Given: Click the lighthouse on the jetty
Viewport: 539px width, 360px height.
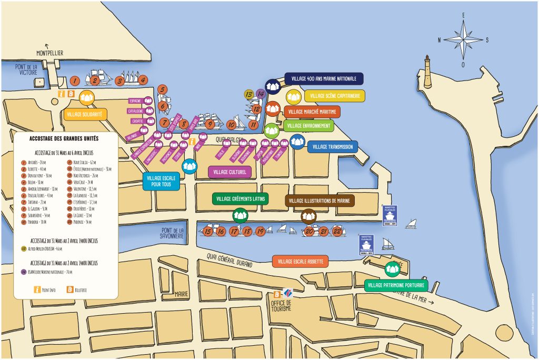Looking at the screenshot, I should pyautogui.click(x=427, y=72).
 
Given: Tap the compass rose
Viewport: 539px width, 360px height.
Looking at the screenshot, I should pyautogui.click(x=463, y=40).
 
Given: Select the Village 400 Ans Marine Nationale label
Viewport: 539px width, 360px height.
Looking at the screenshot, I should pyautogui.click(x=324, y=79).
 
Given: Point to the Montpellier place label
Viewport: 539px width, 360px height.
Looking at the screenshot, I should pyautogui.click(x=49, y=53).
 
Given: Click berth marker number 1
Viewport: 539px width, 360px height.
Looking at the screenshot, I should pyautogui.click(x=75, y=81).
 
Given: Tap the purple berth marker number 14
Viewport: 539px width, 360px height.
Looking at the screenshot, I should pyautogui.click(x=261, y=94).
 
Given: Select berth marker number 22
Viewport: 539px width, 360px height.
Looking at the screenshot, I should pyautogui.click(x=337, y=231).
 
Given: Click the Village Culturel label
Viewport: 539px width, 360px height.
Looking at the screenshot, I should pyautogui.click(x=229, y=172).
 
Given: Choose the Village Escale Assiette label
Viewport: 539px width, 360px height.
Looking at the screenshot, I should pyautogui.click(x=301, y=262).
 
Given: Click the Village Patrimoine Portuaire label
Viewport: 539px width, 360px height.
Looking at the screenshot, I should pyautogui.click(x=396, y=285).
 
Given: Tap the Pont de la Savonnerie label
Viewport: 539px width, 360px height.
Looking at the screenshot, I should pyautogui.click(x=173, y=233).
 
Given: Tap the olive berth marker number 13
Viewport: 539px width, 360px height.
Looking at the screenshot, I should pyautogui.click(x=249, y=94).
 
